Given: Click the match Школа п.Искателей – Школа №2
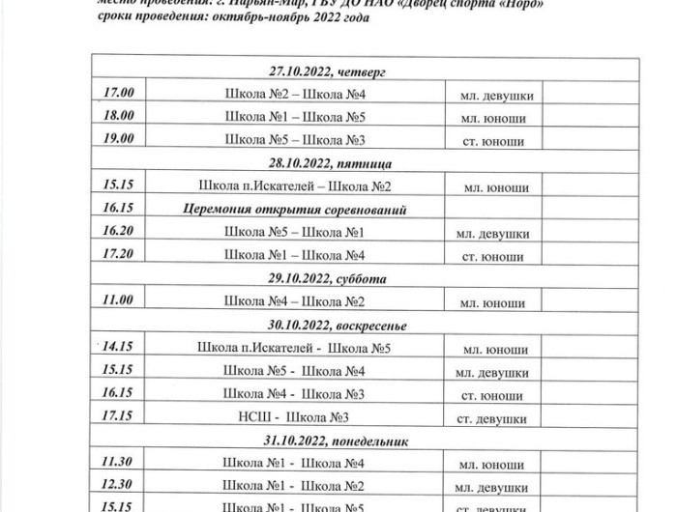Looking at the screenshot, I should (x=294, y=185).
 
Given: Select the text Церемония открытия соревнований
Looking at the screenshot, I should (x=294, y=209).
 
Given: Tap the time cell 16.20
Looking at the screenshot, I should (x=118, y=232).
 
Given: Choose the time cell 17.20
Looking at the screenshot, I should (x=118, y=255).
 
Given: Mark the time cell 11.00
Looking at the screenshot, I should (x=118, y=300).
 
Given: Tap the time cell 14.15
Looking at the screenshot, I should (x=118, y=347).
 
